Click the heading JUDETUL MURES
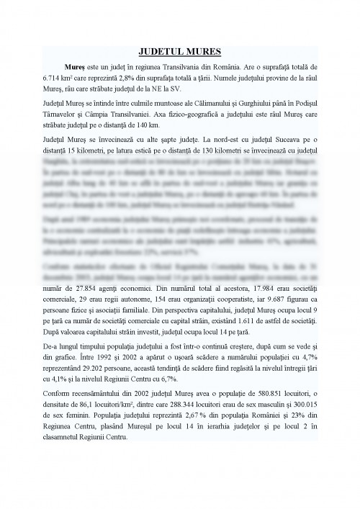tap(179, 51)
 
